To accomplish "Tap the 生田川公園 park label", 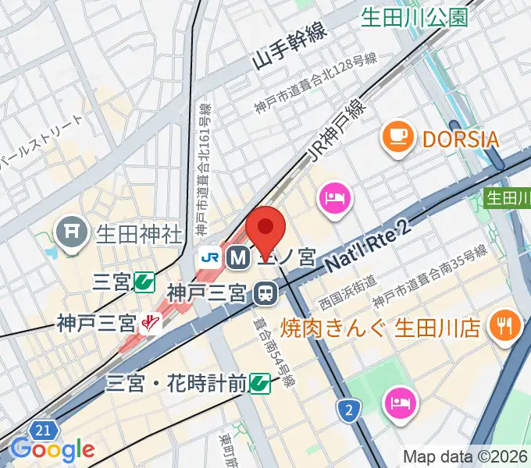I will coord(414,16).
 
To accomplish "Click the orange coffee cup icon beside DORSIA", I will coord(397,139).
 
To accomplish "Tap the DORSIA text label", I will coord(461,140).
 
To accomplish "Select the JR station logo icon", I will coord(209,256).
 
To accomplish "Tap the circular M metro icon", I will coord(236,256).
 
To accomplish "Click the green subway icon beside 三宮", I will coord(144,282).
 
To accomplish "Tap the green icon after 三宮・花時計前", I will coord(260,383).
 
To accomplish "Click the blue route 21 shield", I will coord(44,430).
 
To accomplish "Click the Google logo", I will coord(52,449).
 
